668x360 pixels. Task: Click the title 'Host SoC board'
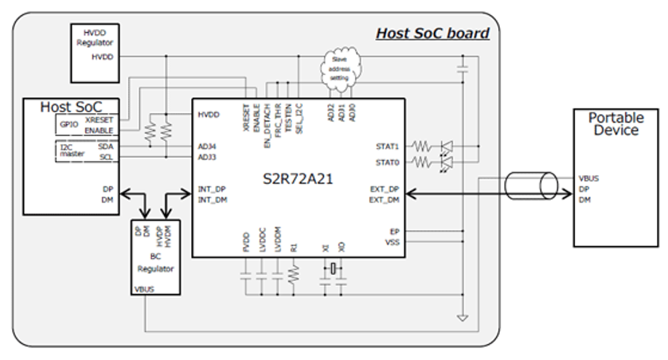432,33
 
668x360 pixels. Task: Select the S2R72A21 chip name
298,178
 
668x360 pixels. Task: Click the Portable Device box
615,177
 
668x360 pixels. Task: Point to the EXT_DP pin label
385,189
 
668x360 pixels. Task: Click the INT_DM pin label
212,200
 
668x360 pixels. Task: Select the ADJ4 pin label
208,147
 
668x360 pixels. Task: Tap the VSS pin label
392,242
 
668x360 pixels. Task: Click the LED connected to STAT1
447,147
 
